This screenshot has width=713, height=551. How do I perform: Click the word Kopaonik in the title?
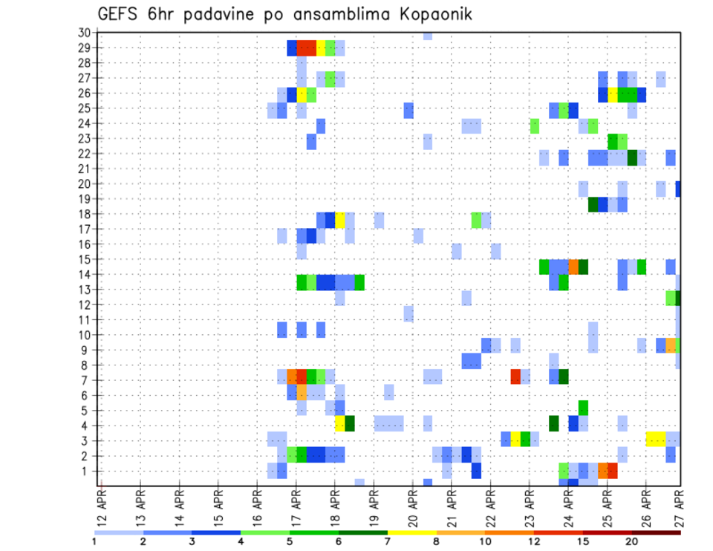[426, 15]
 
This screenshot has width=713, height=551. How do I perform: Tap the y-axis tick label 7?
[86, 380]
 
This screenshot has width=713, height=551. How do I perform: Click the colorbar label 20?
[632, 541]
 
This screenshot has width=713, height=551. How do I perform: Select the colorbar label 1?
[94, 541]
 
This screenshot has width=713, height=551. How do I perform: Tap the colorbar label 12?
[534, 541]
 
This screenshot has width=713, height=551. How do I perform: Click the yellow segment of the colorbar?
[411, 532]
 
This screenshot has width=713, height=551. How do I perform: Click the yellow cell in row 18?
[340, 220]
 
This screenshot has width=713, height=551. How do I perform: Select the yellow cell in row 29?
[321, 48]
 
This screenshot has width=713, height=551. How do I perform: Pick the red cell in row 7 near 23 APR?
[515, 376]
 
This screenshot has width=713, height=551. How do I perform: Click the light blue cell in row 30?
[428, 34]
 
